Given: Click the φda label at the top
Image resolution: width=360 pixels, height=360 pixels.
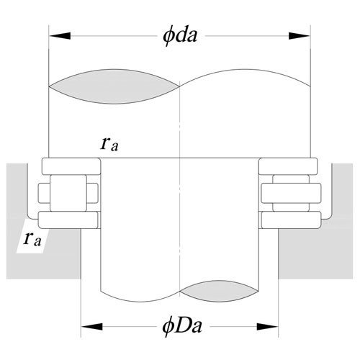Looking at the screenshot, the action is coord(180,36).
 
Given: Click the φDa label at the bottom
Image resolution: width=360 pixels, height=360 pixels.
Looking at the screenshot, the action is coord(182,326).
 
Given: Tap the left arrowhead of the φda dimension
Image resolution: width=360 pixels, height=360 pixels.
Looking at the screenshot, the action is coord(60,36).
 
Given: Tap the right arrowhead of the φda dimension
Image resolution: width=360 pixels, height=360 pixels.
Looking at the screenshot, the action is coord(300,36).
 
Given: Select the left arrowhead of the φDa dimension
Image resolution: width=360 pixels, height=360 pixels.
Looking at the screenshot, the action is coord(92,327).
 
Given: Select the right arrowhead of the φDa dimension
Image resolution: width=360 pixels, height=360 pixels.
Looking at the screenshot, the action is coord(267,327).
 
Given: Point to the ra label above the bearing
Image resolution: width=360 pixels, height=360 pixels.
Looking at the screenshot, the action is coord(109,145).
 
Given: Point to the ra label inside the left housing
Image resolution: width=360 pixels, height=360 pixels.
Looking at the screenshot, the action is coord(32,240).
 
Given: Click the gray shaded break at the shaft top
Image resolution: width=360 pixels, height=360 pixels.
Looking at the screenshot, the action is coord(114,86).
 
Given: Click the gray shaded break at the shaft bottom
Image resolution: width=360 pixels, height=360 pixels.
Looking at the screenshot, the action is coord(220,291).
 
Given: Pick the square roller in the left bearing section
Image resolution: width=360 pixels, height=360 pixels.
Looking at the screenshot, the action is coord(68,193).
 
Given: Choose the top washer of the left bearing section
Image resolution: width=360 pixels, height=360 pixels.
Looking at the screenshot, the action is coord(71,166).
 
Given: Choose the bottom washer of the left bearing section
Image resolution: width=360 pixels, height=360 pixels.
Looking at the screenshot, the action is coord(68,220).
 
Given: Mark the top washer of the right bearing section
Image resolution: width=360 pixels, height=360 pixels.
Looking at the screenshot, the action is coord(288,166).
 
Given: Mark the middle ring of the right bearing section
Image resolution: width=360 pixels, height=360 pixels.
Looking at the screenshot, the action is coord(291,193).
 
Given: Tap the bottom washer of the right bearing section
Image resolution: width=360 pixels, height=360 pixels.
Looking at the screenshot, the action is coord(291,220).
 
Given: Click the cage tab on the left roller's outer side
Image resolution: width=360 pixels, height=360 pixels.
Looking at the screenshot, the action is coord(44,193).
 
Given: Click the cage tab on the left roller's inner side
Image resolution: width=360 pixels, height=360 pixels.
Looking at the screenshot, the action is coord(92,193).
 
